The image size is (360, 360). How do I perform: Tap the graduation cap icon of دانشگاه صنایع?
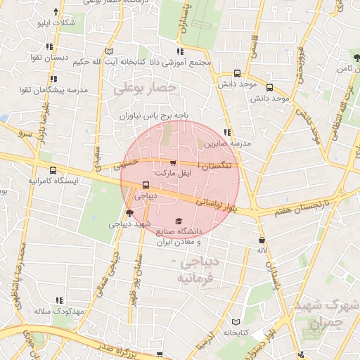click(x=177, y=221)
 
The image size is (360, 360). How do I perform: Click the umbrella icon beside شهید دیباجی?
click(x=129, y=213)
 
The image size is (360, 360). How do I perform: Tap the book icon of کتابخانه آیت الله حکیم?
click(x=108, y=51)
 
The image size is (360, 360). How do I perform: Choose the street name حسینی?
click(x=128, y=163)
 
